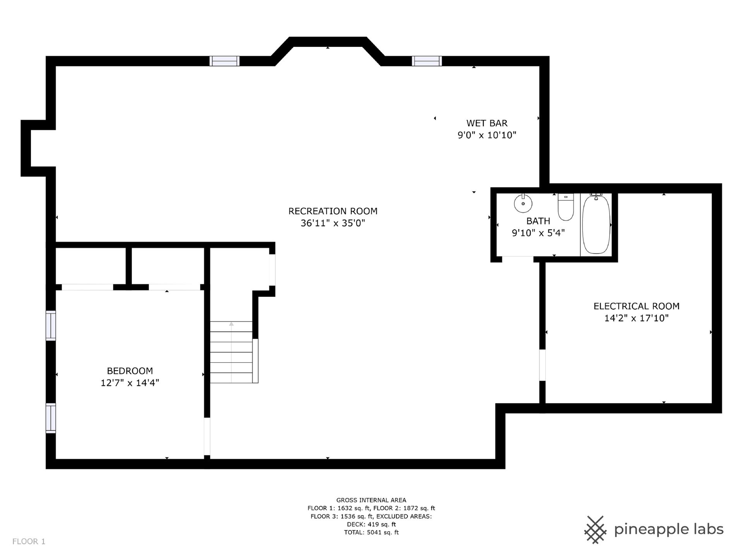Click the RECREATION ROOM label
pos(333,211)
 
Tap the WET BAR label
pos(487,123)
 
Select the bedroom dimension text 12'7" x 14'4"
pos(130,383)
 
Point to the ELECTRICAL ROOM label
pos(637,306)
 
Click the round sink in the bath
pos(523,203)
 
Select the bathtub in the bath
pos(596,224)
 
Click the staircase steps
pos(231,352)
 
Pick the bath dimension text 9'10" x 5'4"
pos(538,233)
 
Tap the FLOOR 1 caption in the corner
pos(29,541)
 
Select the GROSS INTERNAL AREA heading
pos(371,500)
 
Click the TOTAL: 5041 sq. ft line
pos(371,532)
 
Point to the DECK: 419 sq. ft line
pos(371,524)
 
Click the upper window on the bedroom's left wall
pos(51,325)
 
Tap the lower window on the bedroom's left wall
pos(51,418)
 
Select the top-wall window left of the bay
pos(224,61)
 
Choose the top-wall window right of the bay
pos(427,61)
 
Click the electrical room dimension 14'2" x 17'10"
pos(637,318)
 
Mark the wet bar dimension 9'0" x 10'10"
pos(487,135)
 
